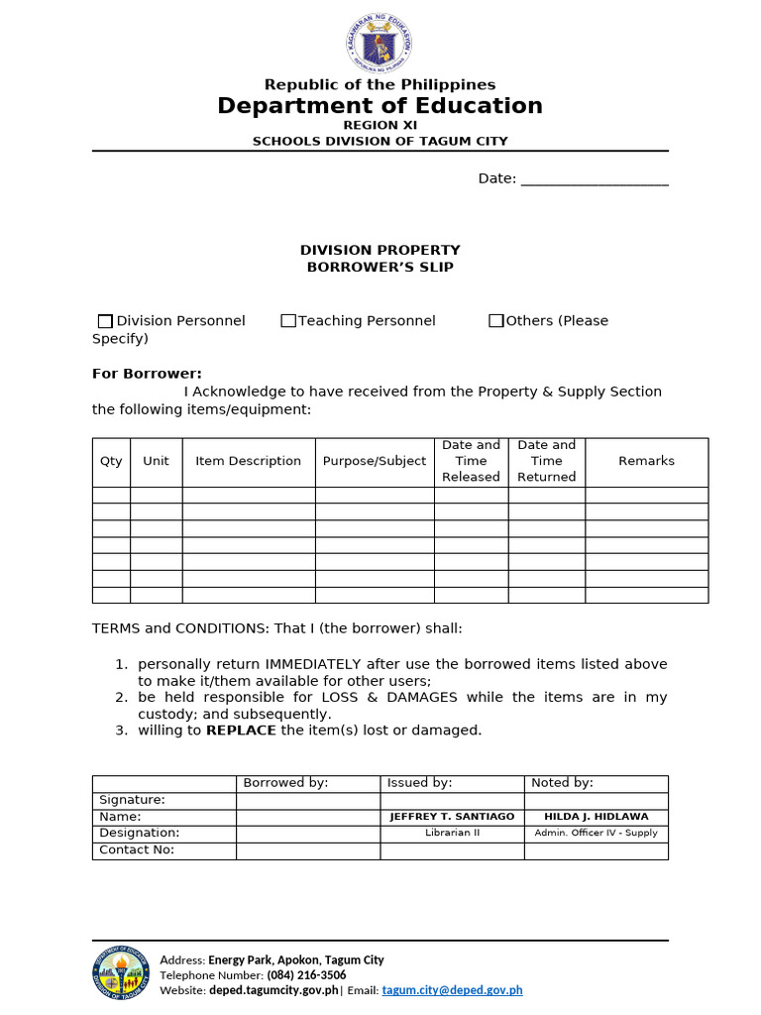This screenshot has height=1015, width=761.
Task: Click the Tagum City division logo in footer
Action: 122,974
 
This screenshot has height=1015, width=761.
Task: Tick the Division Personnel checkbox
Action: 105,321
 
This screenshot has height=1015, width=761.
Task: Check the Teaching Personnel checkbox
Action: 288,321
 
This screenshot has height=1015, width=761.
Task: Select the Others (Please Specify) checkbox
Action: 496,321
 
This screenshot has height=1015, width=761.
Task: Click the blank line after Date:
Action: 595,179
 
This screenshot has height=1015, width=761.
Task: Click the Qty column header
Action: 111,461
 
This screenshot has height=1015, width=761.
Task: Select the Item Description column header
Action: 248,461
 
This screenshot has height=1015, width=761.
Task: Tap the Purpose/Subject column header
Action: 375,461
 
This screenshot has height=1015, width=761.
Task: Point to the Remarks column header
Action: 646,461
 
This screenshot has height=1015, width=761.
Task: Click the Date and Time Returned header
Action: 546,461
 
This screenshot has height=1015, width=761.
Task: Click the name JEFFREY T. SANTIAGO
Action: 452,817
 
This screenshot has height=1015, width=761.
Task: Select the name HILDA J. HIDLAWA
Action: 596,817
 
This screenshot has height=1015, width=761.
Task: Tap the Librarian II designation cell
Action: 452,833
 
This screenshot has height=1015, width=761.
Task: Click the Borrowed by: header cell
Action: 285,783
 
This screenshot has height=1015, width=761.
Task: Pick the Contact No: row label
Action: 137,849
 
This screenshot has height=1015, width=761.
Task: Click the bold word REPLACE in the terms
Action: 241,731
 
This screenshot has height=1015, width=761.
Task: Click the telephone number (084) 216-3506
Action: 306,975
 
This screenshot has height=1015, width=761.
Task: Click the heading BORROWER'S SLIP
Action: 380,268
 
